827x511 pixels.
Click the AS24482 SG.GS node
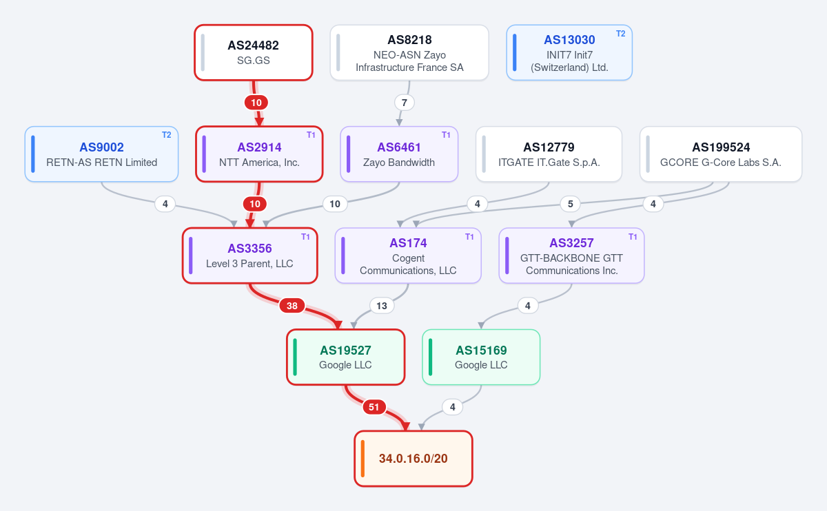click(x=254, y=52)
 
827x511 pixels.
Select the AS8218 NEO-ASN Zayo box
click(x=409, y=52)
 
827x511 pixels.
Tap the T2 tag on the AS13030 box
click(x=621, y=34)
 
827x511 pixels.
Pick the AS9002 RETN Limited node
click(x=101, y=154)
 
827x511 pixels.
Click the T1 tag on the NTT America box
click(x=311, y=135)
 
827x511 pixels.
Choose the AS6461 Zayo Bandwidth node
click(x=399, y=154)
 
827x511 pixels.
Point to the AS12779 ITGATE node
click(x=549, y=154)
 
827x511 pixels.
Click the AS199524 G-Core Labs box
click(x=721, y=154)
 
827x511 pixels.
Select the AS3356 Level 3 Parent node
click(x=250, y=255)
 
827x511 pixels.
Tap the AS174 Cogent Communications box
click(x=408, y=255)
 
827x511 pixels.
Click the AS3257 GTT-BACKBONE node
click(x=571, y=255)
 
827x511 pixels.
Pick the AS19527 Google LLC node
click(x=345, y=357)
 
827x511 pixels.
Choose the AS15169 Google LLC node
click(x=481, y=357)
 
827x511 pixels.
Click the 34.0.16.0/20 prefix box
click(x=413, y=459)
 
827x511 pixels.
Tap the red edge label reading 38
click(x=292, y=306)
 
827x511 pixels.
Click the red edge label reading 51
click(x=374, y=407)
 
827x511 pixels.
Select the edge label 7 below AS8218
click(x=405, y=103)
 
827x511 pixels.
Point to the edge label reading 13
click(x=382, y=306)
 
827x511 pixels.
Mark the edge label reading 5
click(x=571, y=204)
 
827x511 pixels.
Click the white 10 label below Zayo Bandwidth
click(x=335, y=204)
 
